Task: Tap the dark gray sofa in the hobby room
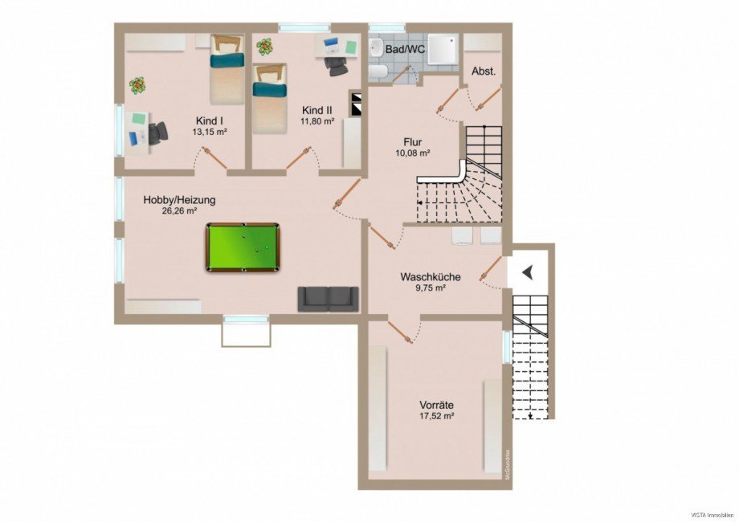(x=329, y=298)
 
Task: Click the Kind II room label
(x=316, y=110)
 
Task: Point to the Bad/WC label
(x=405, y=50)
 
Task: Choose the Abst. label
(x=484, y=71)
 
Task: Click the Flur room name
(x=413, y=141)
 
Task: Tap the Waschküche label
(x=431, y=277)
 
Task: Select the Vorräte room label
(x=437, y=405)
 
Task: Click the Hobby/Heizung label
(x=180, y=200)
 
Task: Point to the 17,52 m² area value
(x=437, y=417)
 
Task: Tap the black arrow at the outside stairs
(x=527, y=273)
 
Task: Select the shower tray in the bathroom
(x=442, y=49)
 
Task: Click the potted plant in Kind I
(x=138, y=84)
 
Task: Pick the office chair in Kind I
(x=158, y=133)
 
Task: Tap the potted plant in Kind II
(x=264, y=47)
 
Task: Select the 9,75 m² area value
(x=431, y=289)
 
